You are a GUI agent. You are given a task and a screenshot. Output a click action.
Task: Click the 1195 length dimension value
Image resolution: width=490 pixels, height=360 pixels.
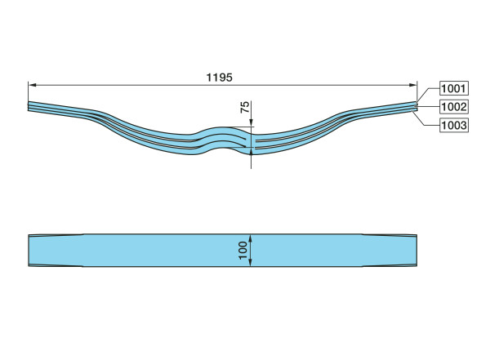pyautogui.click(x=220, y=78)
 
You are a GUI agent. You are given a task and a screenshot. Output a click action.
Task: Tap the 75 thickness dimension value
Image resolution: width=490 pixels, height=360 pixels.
pyautogui.click(x=245, y=107)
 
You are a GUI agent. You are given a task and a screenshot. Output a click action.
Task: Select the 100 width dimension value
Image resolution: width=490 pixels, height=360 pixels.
pyautogui.click(x=243, y=251)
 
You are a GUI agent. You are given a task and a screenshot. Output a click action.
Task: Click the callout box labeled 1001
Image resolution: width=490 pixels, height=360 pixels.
pyautogui.click(x=454, y=88)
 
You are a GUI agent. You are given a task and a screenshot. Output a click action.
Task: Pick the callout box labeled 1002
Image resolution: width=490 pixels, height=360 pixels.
pyautogui.click(x=454, y=107)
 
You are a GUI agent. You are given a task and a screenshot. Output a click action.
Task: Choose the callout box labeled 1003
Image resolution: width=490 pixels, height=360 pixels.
pyautogui.click(x=454, y=126)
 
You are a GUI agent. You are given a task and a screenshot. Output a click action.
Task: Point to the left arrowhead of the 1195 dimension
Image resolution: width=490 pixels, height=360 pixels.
pyautogui.click(x=32, y=85)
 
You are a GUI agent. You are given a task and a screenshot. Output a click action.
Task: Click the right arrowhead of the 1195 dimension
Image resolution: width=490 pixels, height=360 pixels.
pyautogui.click(x=413, y=85)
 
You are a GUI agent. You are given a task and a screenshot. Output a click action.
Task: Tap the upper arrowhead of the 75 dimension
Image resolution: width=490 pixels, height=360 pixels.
pyautogui.click(x=251, y=122)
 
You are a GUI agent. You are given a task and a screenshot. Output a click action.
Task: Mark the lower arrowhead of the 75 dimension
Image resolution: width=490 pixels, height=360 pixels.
pyautogui.click(x=251, y=151)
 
